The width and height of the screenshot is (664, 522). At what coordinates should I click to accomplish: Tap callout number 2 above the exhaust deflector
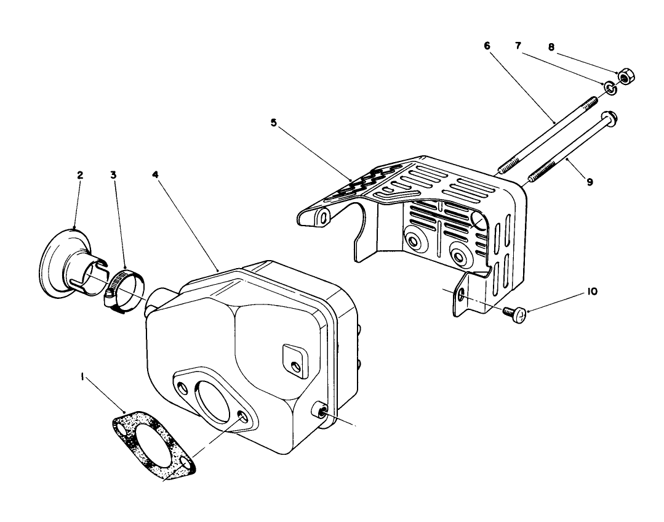coord(80,176)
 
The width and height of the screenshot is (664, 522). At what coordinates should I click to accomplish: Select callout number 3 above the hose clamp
coord(114,176)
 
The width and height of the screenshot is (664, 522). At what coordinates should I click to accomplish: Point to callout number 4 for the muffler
coord(156,176)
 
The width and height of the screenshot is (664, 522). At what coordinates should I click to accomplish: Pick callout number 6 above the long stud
coord(487,46)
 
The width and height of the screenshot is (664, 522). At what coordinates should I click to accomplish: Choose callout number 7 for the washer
coord(518,46)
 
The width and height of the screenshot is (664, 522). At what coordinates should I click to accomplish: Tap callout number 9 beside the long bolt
coord(590,182)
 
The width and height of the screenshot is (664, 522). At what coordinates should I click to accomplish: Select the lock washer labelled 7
coord(610,89)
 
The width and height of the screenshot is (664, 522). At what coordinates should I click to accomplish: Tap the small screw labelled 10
coord(516,314)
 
